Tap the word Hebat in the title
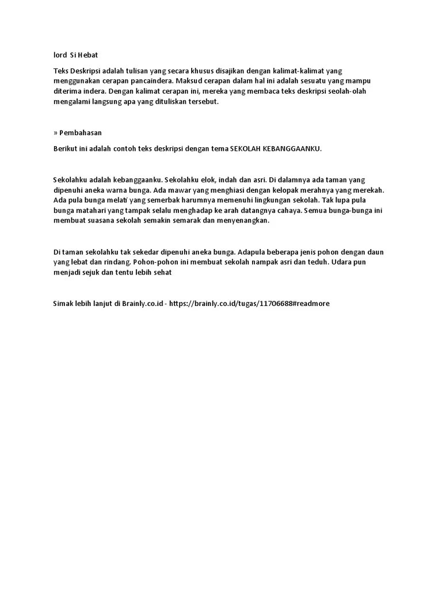pyautogui.click(x=89, y=55)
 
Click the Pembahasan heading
pyautogui.click(x=81, y=132)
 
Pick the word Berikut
pyautogui.click(x=66, y=148)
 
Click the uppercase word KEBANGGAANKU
pyautogui.click(x=292, y=148)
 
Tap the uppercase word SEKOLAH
pyautogui.click(x=245, y=148)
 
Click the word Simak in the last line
pyautogui.click(x=63, y=304)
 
